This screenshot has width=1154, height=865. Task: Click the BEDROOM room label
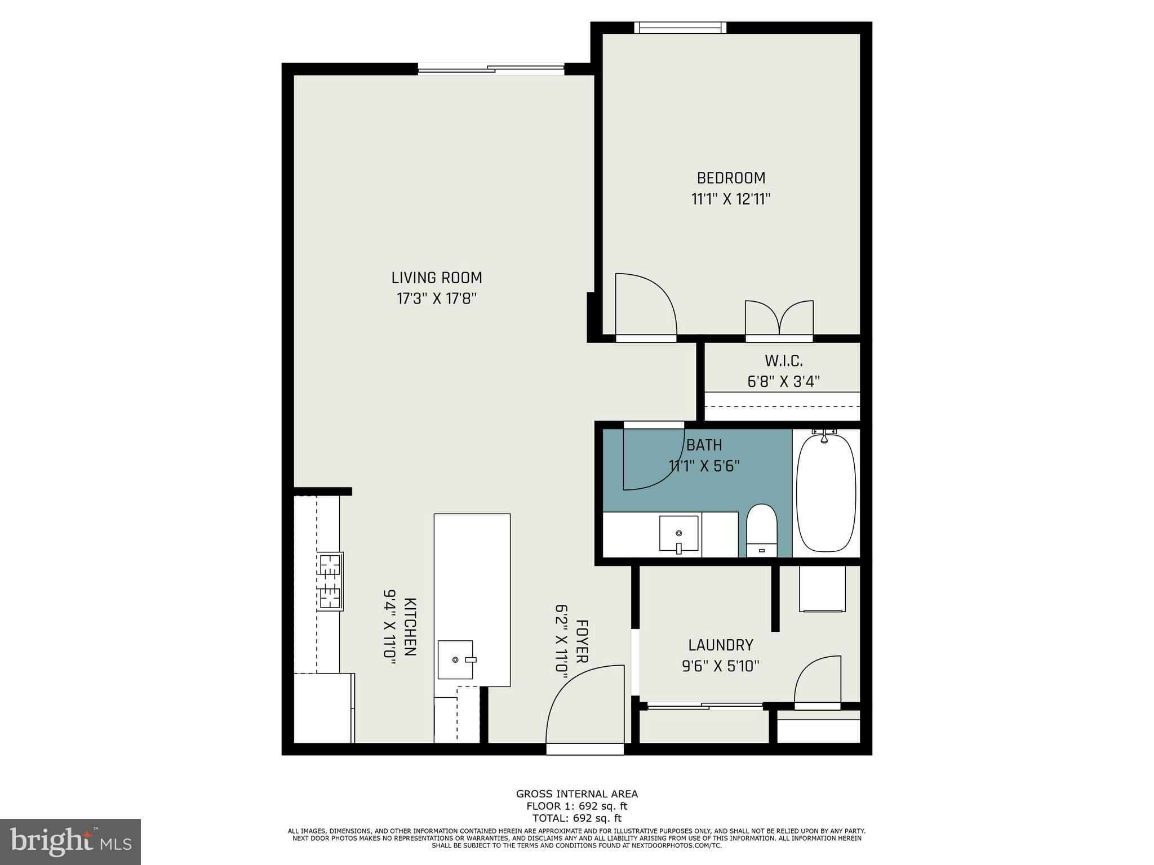click(x=731, y=178)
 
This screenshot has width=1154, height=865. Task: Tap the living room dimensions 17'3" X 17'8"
click(x=437, y=298)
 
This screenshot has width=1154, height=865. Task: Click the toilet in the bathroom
click(x=761, y=529)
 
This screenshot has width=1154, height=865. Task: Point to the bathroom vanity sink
click(x=679, y=534)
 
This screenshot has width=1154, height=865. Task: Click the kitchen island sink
click(x=456, y=659)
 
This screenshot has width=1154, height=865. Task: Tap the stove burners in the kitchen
click(x=330, y=581)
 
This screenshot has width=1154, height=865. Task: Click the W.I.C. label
click(x=783, y=360)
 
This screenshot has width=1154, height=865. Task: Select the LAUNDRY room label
click(x=721, y=645)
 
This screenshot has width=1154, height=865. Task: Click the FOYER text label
click(x=582, y=641)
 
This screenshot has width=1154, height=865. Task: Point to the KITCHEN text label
click(x=410, y=627)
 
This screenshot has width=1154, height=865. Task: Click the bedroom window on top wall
click(x=680, y=28)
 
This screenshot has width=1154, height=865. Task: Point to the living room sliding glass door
click(x=491, y=69)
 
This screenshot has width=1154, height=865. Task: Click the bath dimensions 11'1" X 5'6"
click(x=704, y=466)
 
